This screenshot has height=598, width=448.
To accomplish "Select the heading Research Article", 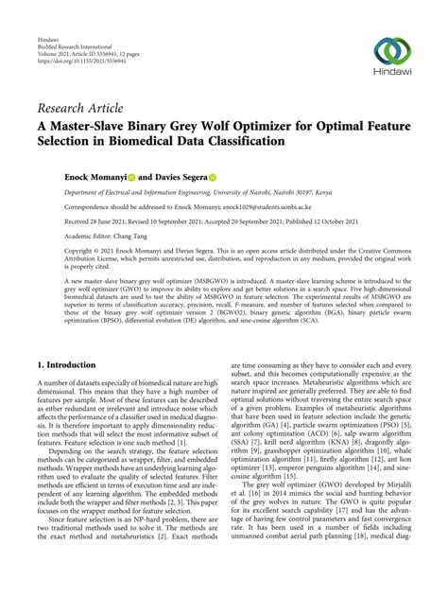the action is (x=79, y=108).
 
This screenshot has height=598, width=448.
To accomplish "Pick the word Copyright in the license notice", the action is (x=80, y=251).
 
